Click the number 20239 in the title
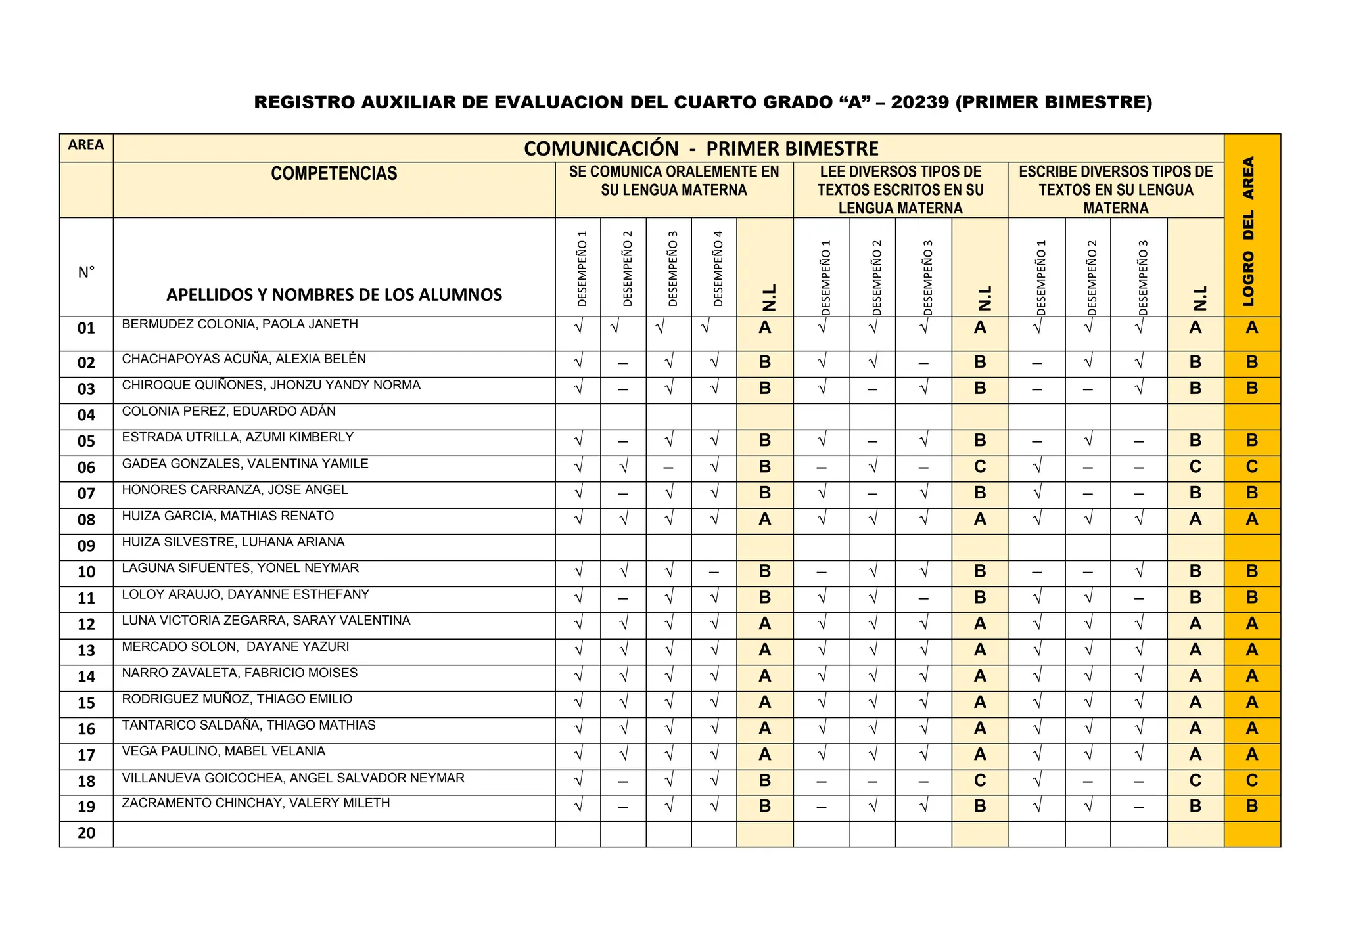coord(919,102)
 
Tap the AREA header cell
coord(86,145)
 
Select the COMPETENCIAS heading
coord(334,174)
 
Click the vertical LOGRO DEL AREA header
coord(1249,231)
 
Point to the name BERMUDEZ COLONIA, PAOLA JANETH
coord(240,324)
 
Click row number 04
coord(86,416)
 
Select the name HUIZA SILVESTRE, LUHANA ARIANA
coord(233,542)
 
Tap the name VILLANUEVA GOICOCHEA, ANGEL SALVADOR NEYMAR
coord(293,778)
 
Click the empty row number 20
coord(86,833)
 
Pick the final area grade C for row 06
coord(1251,467)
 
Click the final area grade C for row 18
coord(1251,781)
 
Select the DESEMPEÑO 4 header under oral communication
coord(718,268)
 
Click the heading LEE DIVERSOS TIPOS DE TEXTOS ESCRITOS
coord(900,190)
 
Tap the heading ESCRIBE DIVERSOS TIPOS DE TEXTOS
coord(1115,190)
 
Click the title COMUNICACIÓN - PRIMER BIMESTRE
coord(701,149)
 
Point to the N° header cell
coord(86,273)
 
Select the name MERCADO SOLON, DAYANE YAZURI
coord(235,647)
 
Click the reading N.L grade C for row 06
coord(979,467)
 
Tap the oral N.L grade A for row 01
coord(764,328)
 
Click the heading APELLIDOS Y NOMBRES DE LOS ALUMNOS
coord(334,295)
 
